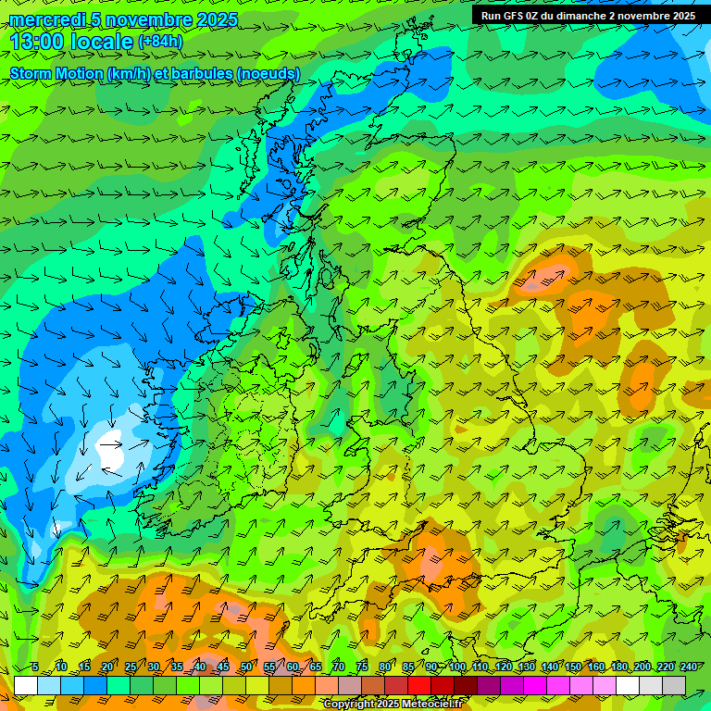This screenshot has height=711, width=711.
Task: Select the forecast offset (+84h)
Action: coord(160,42)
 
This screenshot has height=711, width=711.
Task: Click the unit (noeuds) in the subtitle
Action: coord(268,73)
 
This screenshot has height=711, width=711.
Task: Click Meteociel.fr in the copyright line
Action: coord(430,705)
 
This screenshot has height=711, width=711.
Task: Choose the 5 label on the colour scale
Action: coord(35,667)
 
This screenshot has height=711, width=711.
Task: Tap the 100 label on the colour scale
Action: coord(457,667)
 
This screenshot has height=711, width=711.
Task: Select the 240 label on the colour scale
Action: coord(688,667)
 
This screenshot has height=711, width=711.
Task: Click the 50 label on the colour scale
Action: coord(246,667)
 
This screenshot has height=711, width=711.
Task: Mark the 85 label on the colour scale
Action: coord(408,667)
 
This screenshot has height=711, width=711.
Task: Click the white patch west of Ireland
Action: coord(111,451)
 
